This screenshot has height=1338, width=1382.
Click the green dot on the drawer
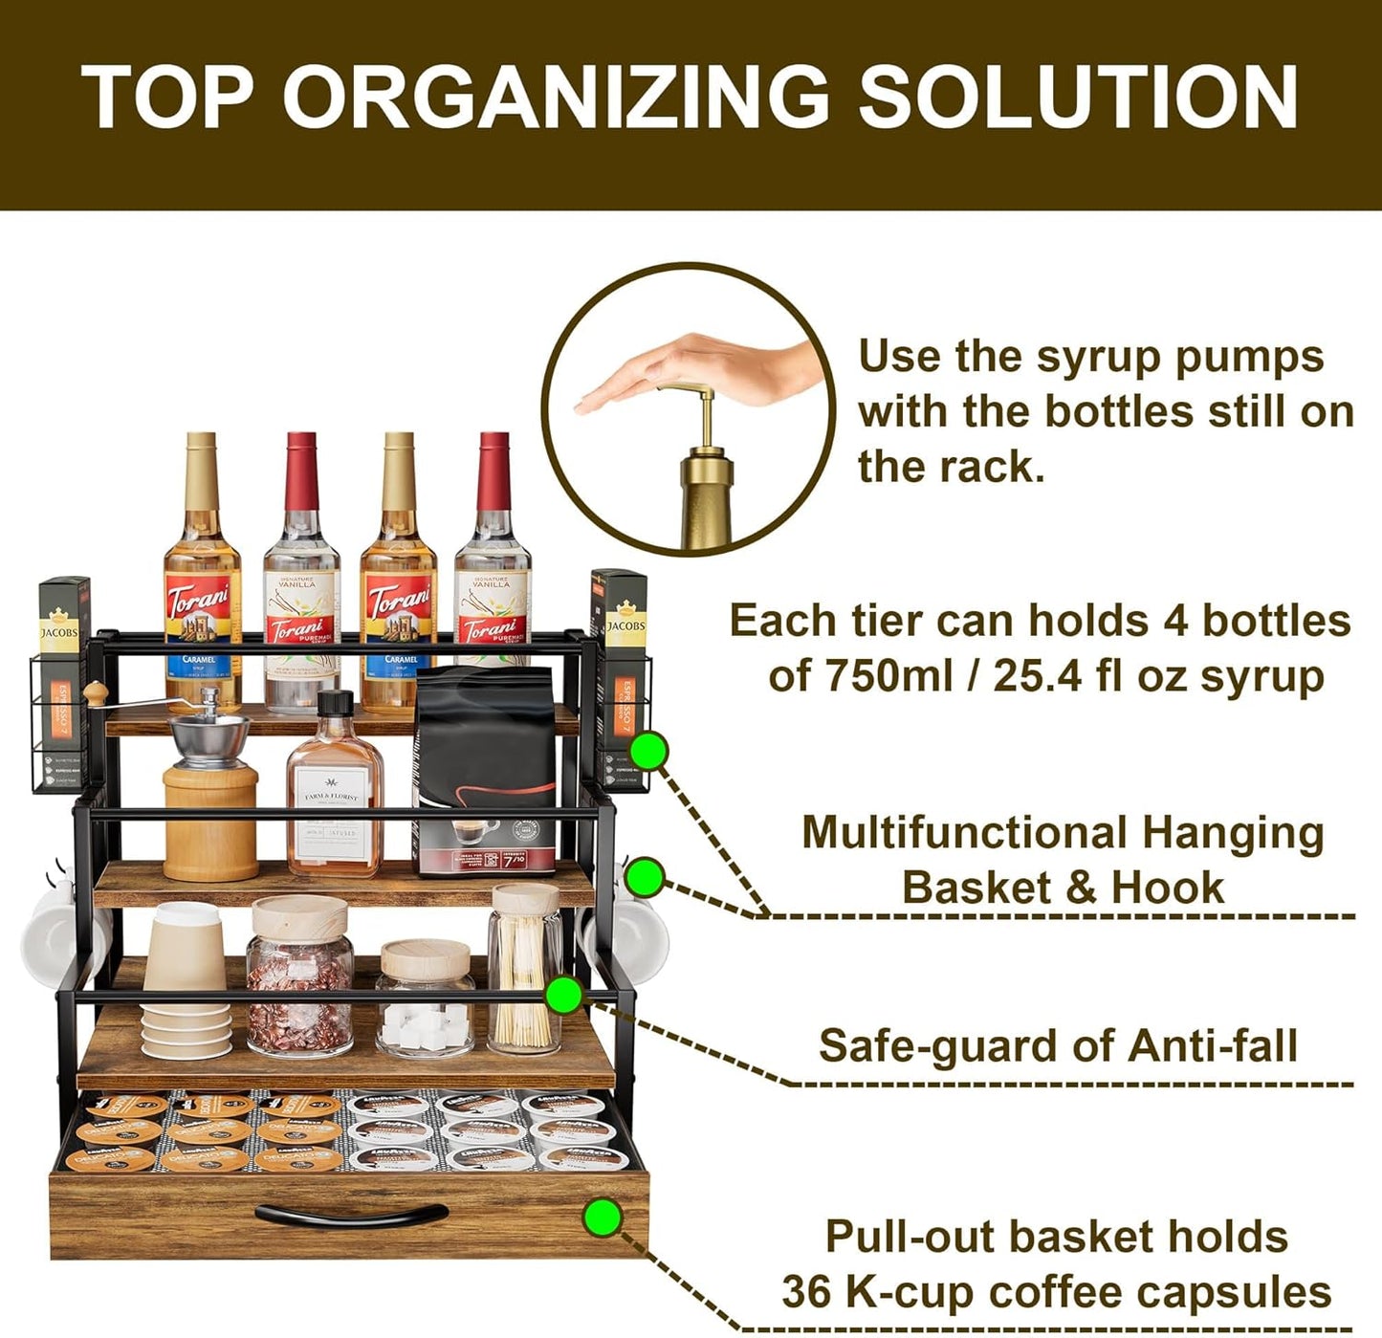click(x=603, y=1217)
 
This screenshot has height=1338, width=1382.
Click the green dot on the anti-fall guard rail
click(x=564, y=995)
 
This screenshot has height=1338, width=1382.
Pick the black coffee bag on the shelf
click(x=485, y=765)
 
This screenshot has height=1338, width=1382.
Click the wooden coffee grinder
click(x=209, y=794)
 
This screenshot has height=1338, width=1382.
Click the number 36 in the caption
click(x=807, y=1292)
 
